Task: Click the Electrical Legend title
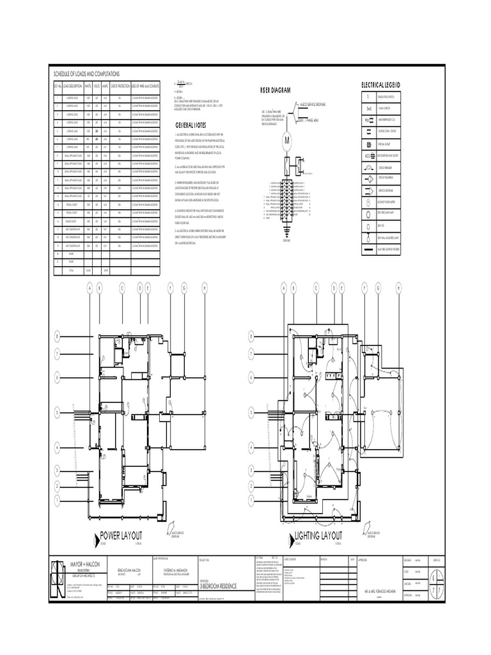[x=380, y=85]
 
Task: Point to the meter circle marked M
[x=287, y=140]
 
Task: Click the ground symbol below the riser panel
[x=286, y=232]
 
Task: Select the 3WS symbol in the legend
[x=368, y=109]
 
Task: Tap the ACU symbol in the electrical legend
[x=368, y=155]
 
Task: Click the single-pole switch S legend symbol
[x=368, y=97]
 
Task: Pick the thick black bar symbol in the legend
[x=368, y=249]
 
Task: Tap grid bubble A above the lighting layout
[x=282, y=289]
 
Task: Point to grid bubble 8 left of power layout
[x=57, y=335]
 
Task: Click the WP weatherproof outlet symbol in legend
[x=368, y=120]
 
